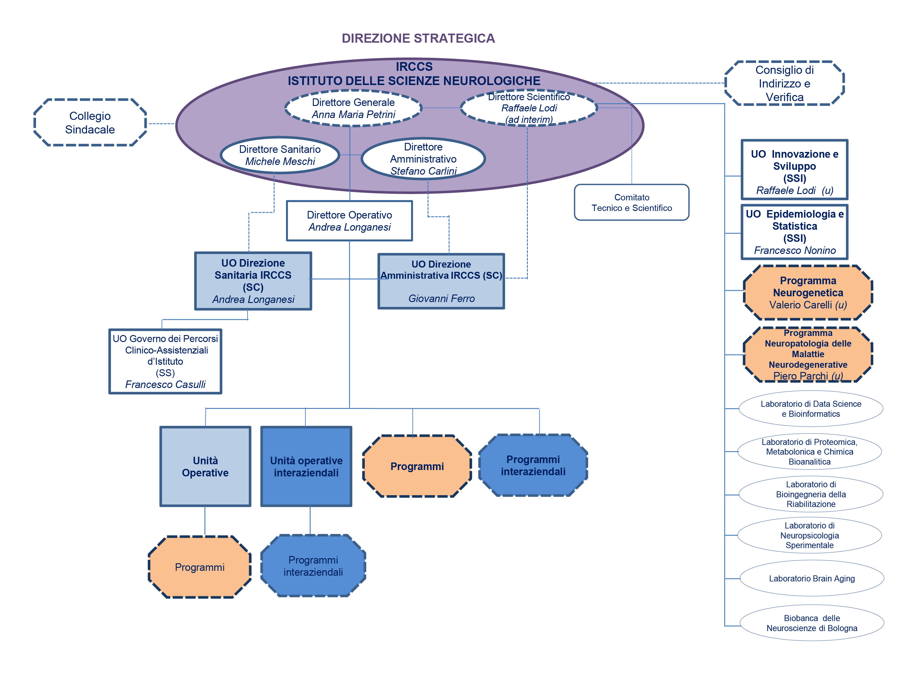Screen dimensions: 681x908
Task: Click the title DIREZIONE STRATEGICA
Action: [418, 38]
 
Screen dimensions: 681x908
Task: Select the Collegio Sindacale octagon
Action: [90, 122]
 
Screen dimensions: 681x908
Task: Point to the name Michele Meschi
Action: [280, 161]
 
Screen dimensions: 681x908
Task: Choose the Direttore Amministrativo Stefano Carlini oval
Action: [423, 159]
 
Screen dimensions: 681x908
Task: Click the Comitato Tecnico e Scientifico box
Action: [631, 202]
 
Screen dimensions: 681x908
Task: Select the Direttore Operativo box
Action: [349, 221]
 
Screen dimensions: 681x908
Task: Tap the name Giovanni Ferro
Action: [441, 298]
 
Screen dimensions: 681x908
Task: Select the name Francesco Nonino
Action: [794, 250]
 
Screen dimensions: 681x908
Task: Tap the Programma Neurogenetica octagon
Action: [808, 292]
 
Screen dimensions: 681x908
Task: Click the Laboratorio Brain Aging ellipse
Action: [811, 578]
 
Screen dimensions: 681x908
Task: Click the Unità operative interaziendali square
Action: [306, 466]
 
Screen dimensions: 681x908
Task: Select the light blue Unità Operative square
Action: [205, 466]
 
